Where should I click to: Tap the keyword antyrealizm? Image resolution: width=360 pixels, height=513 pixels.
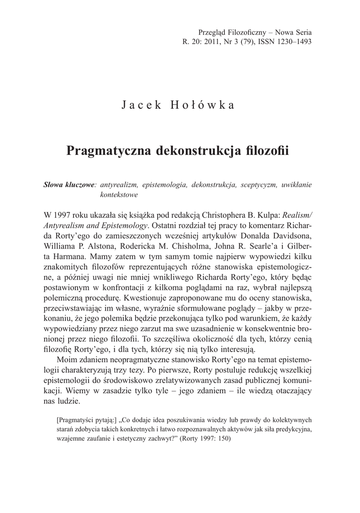pyautogui.click(x=120, y=185)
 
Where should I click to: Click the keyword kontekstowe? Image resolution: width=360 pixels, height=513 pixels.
pyautogui.click(x=119, y=195)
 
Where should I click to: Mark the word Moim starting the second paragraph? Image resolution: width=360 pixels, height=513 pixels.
pyautogui.click(x=68, y=361)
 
